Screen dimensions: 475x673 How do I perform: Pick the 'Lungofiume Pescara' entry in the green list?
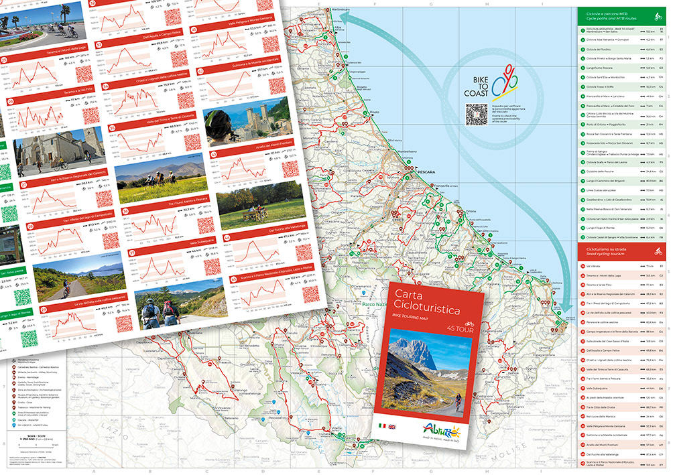[601, 68]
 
